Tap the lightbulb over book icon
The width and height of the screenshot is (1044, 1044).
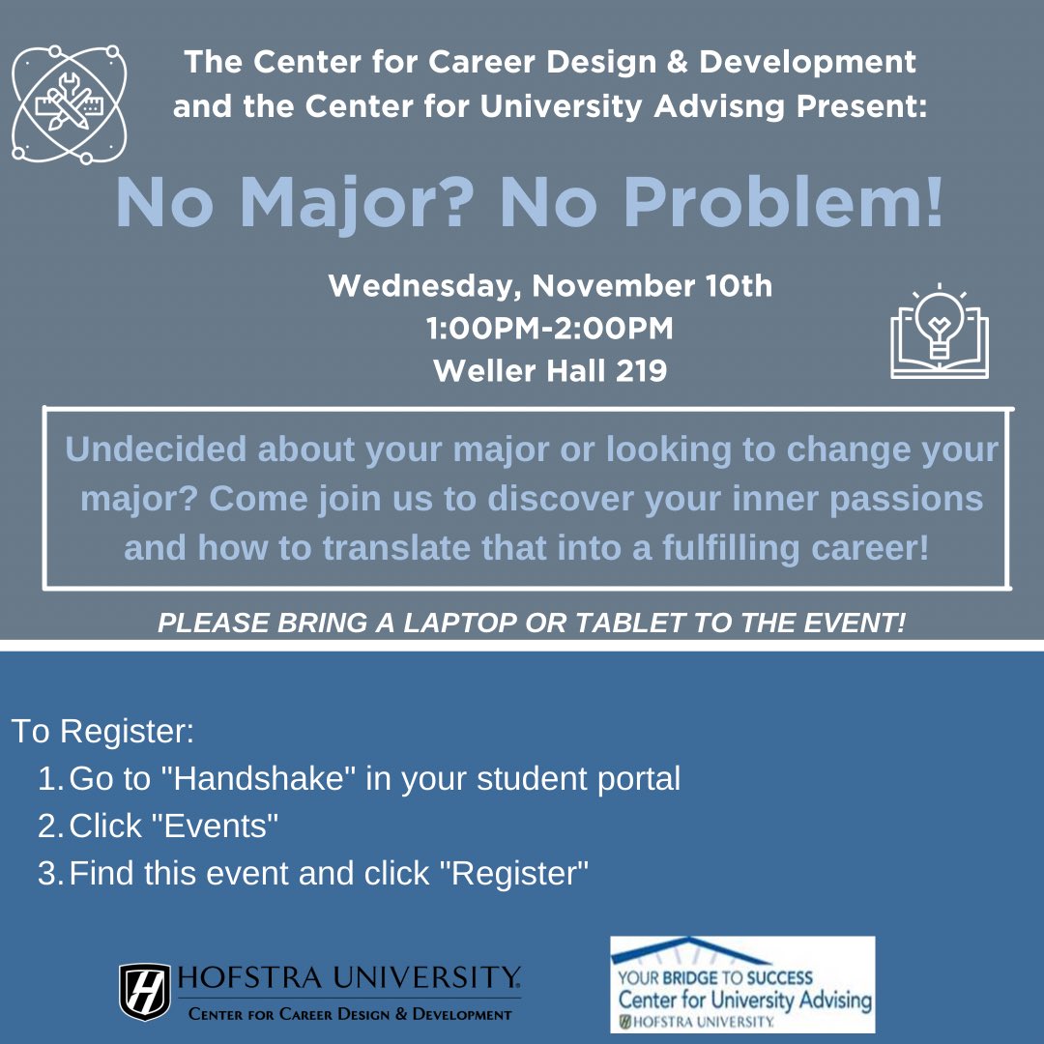(x=940, y=331)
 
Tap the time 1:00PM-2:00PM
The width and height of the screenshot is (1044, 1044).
(x=550, y=329)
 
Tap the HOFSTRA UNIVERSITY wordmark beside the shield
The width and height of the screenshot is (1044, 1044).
(x=347, y=977)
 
